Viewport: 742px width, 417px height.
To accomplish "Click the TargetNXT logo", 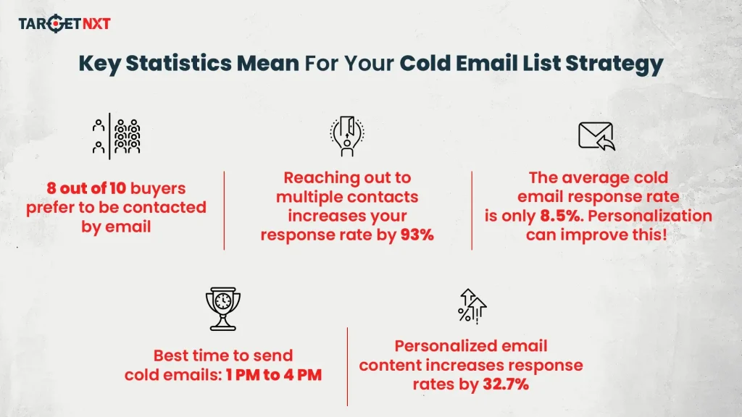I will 64,24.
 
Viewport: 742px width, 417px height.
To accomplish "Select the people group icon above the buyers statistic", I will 116,136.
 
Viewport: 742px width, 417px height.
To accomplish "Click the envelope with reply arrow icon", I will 596,136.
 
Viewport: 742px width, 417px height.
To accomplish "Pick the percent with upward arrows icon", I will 472,305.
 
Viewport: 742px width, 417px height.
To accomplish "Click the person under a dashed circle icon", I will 347,136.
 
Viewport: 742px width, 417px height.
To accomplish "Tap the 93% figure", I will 417,235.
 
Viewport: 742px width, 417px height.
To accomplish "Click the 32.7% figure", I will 506,384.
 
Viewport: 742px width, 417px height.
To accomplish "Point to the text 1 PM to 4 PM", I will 273,374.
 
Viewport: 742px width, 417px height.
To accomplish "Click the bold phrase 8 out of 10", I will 86,188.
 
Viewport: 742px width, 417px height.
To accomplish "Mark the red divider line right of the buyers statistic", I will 224,211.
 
